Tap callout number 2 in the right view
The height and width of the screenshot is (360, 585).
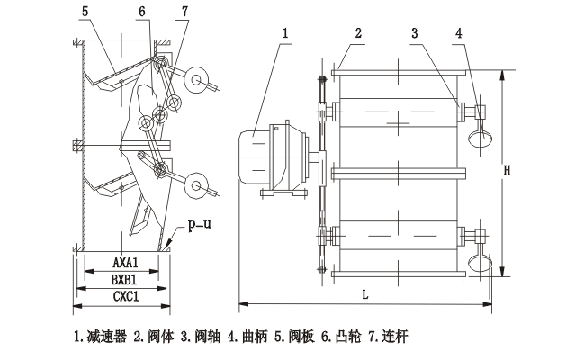click(358, 34)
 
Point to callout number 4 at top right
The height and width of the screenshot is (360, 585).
click(460, 34)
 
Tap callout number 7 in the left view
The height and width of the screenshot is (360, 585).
click(184, 13)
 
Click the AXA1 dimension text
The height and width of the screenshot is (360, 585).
click(125, 263)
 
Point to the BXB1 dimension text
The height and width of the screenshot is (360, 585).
click(125, 279)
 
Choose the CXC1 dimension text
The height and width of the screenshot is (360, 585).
click(125, 295)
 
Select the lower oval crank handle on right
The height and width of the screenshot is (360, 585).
click(481, 264)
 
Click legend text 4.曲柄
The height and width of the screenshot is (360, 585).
click(245, 338)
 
